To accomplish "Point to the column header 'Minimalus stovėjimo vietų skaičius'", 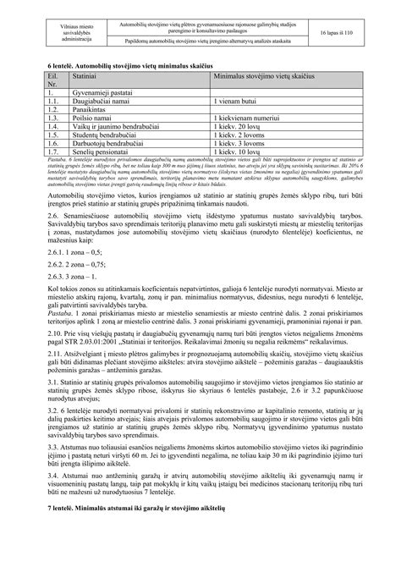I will tap(262, 75).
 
